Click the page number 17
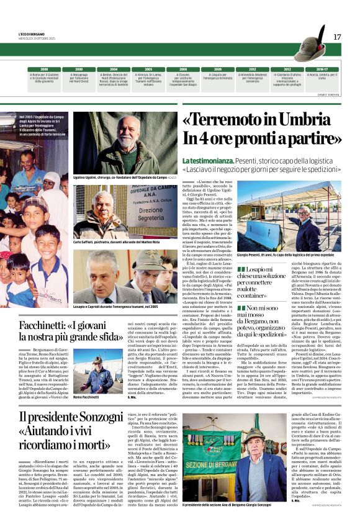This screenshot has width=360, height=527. tap(337, 37)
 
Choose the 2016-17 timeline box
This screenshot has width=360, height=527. tap(322, 70)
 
